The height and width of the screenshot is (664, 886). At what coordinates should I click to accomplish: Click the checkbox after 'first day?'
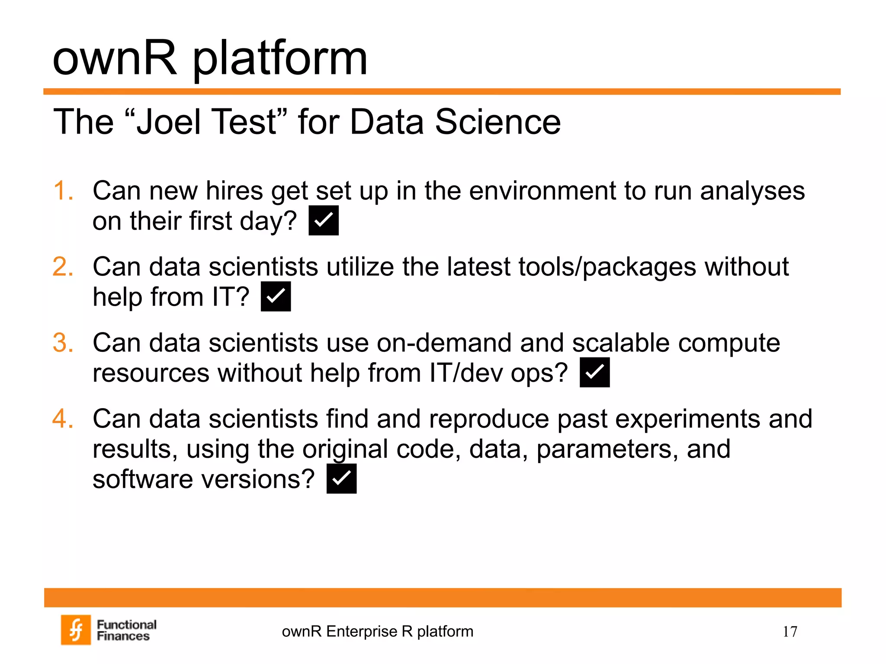[323, 220]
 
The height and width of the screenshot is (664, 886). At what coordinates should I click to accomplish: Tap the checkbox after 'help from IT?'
[276, 297]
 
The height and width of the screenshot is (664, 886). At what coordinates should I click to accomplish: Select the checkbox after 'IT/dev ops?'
[594, 372]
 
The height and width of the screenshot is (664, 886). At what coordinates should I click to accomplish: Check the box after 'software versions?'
[341, 479]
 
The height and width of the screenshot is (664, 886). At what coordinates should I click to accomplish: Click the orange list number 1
[63, 191]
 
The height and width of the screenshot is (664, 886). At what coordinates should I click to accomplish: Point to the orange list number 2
[63, 267]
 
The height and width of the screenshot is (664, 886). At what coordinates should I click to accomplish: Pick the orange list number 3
[63, 343]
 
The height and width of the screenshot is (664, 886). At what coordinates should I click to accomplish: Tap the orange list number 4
[63, 419]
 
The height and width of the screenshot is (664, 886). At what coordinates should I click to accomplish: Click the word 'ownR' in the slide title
[115, 58]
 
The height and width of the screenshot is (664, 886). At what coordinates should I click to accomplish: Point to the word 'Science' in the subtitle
[498, 122]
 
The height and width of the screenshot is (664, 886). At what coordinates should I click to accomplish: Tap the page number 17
[790, 632]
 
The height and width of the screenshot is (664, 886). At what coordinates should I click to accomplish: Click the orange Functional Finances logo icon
[76, 630]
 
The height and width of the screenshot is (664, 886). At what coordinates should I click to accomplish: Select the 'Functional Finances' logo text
[126, 630]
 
